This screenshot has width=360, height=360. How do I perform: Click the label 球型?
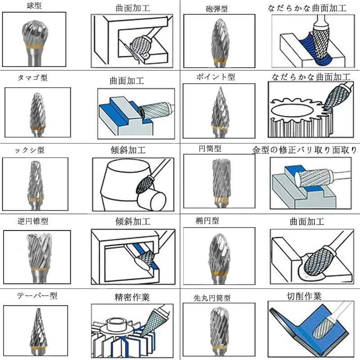[x=34, y=5]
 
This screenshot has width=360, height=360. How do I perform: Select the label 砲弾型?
[x=216, y=9]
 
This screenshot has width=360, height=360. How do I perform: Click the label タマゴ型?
[x=32, y=77]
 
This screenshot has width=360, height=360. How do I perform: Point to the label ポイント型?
[x=216, y=76]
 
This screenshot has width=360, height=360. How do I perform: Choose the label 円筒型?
[x=210, y=148]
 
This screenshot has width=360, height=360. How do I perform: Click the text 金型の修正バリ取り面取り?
[x=305, y=150]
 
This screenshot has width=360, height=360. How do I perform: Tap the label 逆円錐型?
[x=32, y=221]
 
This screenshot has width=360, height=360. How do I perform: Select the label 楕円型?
[x=207, y=220]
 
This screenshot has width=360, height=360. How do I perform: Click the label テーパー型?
[x=37, y=296]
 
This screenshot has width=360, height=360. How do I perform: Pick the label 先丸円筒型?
[x=212, y=298]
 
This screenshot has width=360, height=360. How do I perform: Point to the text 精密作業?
[x=132, y=297]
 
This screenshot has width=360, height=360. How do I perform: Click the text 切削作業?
[x=304, y=297]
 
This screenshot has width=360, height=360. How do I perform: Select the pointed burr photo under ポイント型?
[x=220, y=112]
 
